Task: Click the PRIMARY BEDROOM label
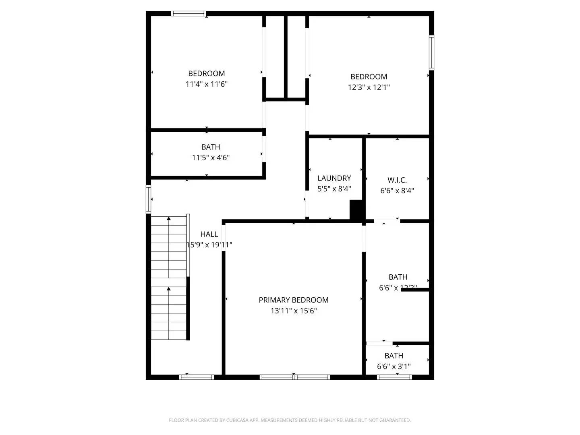point(293,300)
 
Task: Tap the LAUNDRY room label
point(334,178)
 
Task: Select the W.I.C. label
point(397,180)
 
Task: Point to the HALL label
point(209,234)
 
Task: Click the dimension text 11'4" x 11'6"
point(207,84)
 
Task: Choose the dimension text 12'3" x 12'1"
point(369,87)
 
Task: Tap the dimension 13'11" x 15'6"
point(294,311)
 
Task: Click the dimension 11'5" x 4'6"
point(211,158)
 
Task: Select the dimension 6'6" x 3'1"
point(394,367)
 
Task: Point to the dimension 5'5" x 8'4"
point(334,189)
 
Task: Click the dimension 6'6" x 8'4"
point(397,191)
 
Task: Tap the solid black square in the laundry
point(356,210)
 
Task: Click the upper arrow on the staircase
point(169,219)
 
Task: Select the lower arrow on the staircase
point(169,288)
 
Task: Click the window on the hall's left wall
point(148,199)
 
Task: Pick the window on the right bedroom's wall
point(431,52)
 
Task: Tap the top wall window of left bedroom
point(188,14)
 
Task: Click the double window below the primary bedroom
point(294,377)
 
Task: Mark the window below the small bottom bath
point(394,377)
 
